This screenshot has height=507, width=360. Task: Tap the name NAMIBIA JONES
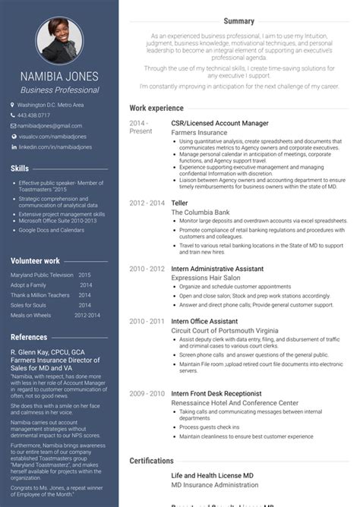(x=60, y=77)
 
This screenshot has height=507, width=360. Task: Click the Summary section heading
(x=239, y=21)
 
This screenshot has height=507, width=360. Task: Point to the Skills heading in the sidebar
(x=20, y=168)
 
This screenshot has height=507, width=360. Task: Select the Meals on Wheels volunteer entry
(x=32, y=315)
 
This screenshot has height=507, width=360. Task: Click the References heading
(x=29, y=337)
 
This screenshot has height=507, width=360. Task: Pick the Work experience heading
(x=156, y=109)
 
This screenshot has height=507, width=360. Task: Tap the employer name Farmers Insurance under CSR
(x=199, y=131)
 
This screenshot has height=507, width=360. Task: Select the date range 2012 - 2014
(x=147, y=203)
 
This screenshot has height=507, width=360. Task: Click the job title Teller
(x=180, y=203)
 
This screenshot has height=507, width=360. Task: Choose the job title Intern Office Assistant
(x=204, y=322)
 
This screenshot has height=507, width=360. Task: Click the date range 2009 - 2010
(x=147, y=394)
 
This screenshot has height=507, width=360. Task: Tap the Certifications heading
(x=152, y=461)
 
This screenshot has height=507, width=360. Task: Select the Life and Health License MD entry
(x=212, y=475)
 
